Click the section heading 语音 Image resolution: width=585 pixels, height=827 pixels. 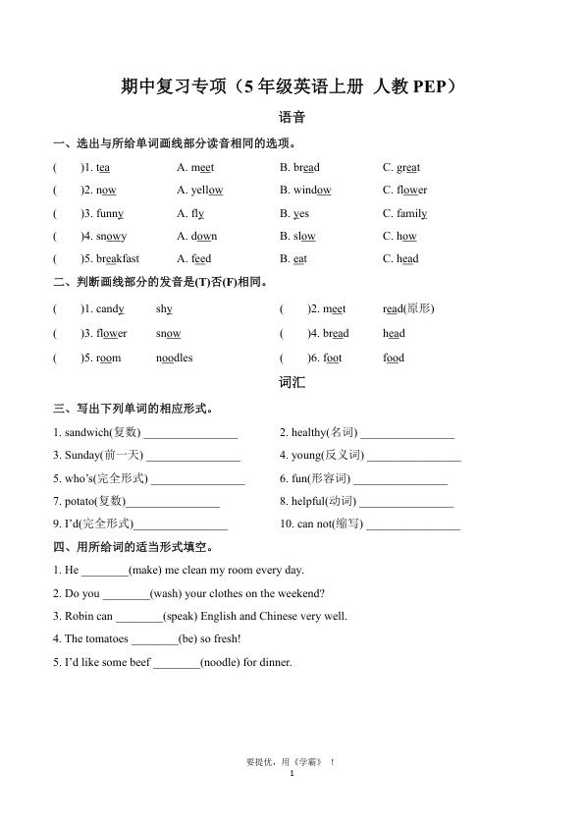[292, 117]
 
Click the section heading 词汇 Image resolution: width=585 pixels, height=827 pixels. [292, 382]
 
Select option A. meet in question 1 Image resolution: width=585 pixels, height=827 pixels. [195, 168]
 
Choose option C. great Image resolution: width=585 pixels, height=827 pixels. [400, 168]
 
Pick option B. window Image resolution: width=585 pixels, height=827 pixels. [304, 191]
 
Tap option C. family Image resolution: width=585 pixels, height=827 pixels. [404, 213]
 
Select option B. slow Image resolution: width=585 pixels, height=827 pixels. [297, 236]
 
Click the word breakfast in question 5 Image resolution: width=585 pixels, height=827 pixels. [118, 259]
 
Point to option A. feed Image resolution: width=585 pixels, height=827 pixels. [194, 259]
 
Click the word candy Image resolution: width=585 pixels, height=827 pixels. [110, 308]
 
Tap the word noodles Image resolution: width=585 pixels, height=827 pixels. [174, 358]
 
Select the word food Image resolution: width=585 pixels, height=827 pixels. [394, 358]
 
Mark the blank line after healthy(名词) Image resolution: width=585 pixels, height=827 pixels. [408, 433]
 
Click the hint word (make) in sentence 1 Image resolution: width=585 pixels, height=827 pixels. [145, 570]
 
